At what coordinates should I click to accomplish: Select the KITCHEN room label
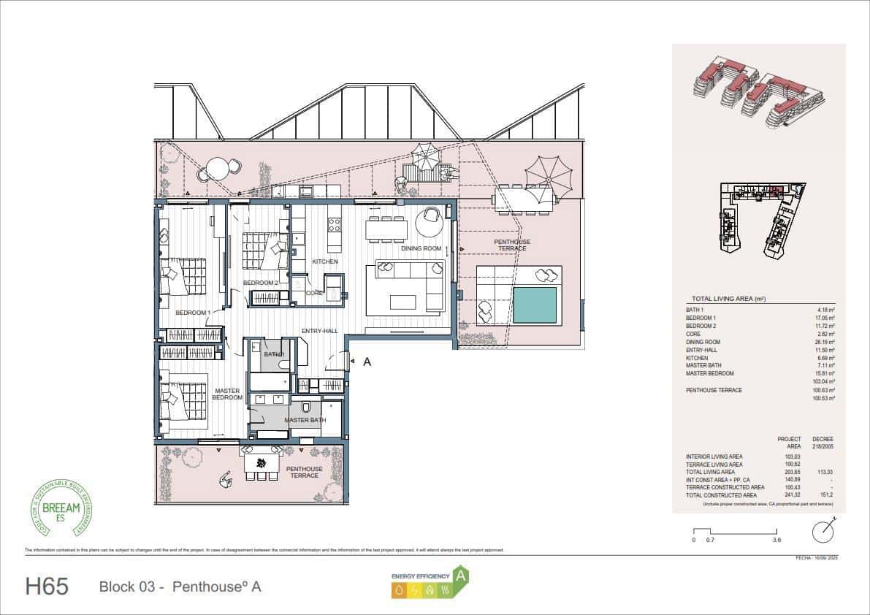click(325, 261)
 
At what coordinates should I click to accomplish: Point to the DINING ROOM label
click(421, 248)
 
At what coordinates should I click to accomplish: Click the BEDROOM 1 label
click(193, 313)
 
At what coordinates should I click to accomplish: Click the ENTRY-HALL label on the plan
click(319, 332)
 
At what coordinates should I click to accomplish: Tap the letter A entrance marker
click(367, 361)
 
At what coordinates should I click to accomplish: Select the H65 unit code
click(47, 586)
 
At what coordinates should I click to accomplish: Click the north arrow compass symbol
click(825, 527)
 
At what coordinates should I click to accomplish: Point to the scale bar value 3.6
click(776, 540)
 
